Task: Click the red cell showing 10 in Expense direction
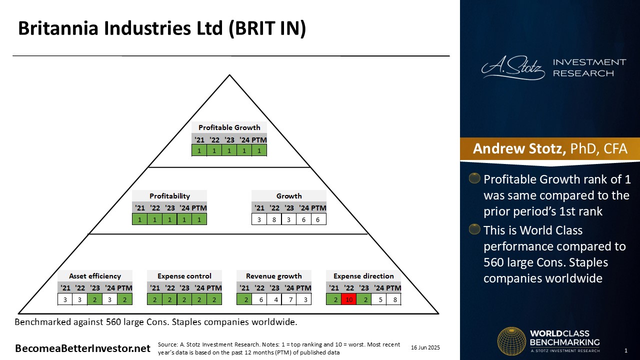[x=349, y=299]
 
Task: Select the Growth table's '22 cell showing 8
[x=274, y=219]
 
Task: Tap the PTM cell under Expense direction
[x=394, y=299]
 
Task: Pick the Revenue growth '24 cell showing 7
[x=289, y=299]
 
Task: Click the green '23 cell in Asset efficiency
[x=95, y=299]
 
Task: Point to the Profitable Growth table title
[x=229, y=127]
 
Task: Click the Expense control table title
[x=184, y=276]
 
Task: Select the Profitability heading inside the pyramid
[x=169, y=196]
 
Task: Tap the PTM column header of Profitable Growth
[x=259, y=140]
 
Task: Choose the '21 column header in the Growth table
[x=259, y=208]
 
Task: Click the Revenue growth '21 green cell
[x=244, y=299]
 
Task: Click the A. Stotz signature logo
[x=513, y=67]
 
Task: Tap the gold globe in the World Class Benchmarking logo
[x=511, y=341]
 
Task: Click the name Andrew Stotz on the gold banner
[x=519, y=148]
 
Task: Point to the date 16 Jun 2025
[x=425, y=347]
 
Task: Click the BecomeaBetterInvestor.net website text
[x=82, y=348]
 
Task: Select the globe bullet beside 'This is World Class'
[x=474, y=229]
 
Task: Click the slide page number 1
[x=625, y=350]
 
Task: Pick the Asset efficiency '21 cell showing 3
[x=65, y=299]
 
